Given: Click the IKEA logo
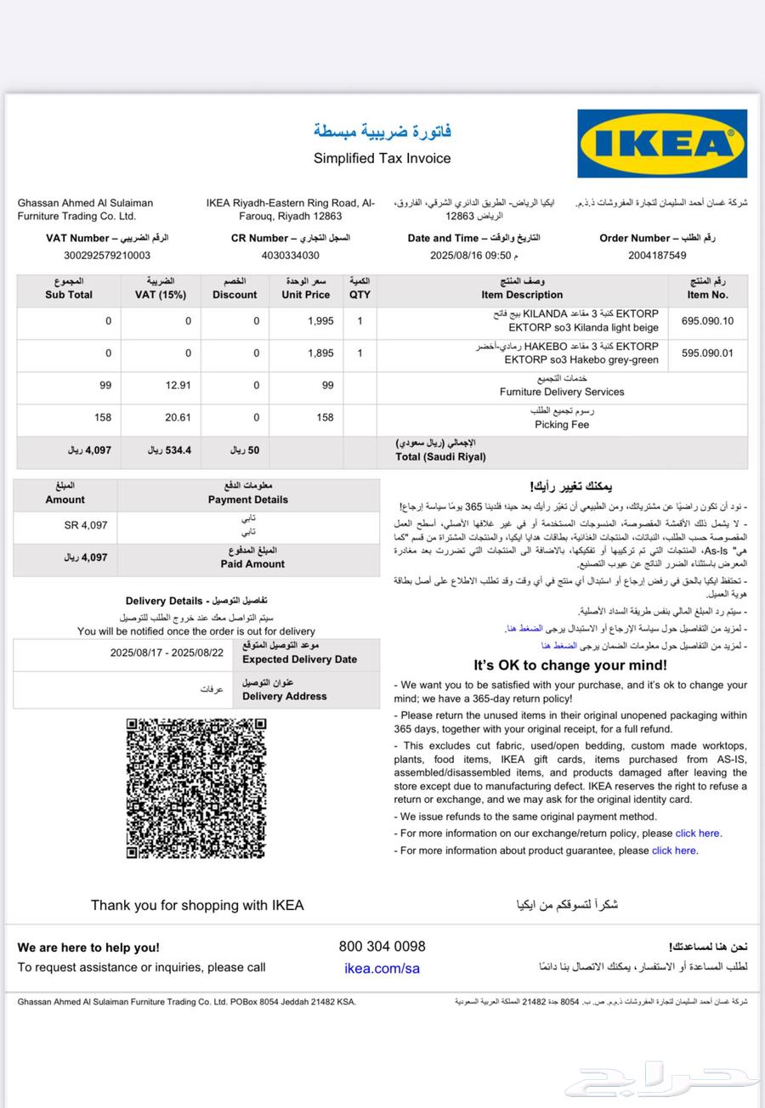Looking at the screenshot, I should (x=662, y=144).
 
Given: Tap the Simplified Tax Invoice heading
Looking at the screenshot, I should (x=382, y=158).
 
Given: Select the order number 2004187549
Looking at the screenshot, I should (x=657, y=255).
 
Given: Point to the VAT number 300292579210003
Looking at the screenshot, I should (x=107, y=255).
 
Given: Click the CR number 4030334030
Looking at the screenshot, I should (x=291, y=255).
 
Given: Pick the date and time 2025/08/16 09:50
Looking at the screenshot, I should (x=473, y=255).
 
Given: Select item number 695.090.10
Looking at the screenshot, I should (x=707, y=321).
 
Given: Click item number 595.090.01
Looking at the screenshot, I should (x=707, y=353).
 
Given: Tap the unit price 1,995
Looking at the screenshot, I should (x=320, y=321).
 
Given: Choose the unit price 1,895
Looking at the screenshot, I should (x=320, y=353).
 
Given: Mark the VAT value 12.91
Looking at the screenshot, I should (x=178, y=386).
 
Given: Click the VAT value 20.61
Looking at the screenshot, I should (x=178, y=418).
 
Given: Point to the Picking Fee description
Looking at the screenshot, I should (x=562, y=424).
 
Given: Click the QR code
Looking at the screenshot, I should (x=195, y=789).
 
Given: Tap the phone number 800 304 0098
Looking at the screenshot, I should (x=382, y=947).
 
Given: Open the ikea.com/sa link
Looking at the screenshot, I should (x=382, y=969).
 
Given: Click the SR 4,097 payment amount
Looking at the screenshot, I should (x=86, y=525).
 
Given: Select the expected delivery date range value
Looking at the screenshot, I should (x=167, y=653).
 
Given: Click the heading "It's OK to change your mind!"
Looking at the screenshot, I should (x=570, y=665).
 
